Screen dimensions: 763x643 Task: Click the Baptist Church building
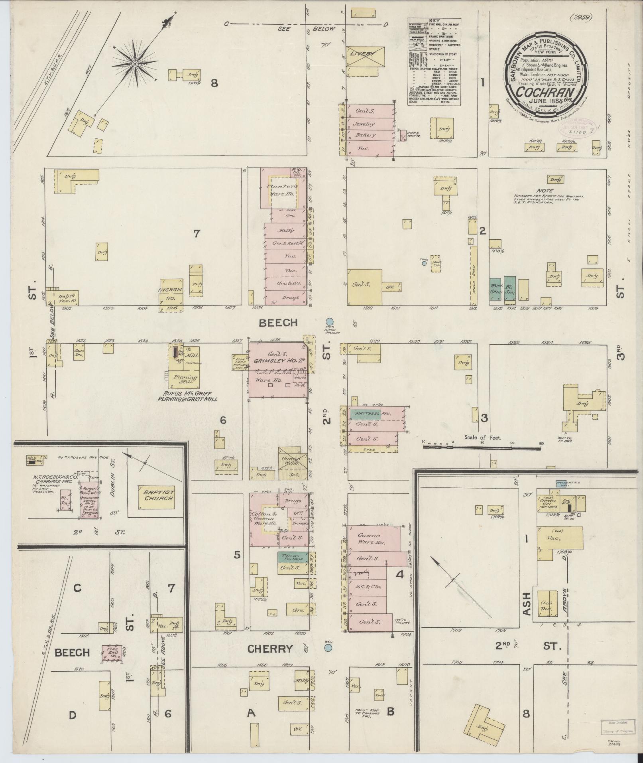[156, 497]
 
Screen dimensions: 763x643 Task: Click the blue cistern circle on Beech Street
[329, 322]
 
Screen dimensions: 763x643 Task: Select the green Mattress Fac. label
[366, 414]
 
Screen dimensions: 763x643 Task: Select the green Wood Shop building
[496, 289]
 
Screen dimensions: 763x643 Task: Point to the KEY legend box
[434, 62]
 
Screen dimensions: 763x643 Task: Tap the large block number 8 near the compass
[214, 83]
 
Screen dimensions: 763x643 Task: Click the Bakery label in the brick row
[364, 135]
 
